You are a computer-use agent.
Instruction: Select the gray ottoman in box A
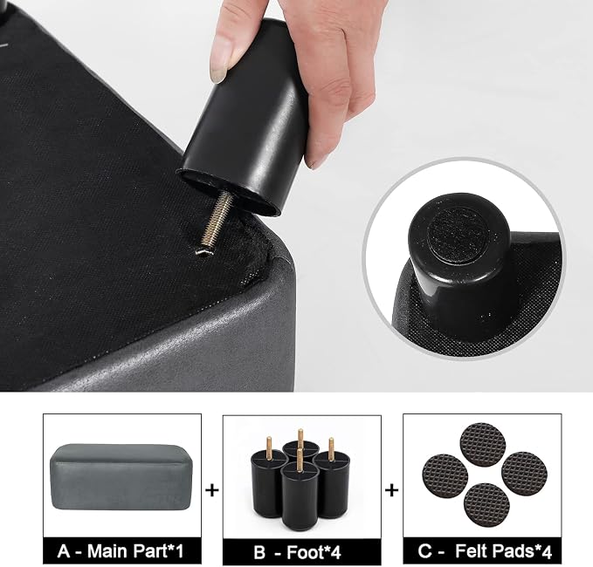(x=121, y=477)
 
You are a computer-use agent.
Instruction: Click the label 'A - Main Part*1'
(x=121, y=551)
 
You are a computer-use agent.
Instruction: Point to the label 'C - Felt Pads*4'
(x=485, y=551)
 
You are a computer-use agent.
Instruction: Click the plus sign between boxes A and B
(x=212, y=490)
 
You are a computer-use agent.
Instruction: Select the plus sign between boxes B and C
(x=392, y=490)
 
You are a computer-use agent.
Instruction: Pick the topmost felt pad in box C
(x=483, y=444)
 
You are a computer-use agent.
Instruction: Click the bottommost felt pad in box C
(x=486, y=505)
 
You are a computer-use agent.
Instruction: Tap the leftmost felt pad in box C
(x=445, y=477)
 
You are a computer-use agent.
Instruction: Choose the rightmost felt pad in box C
(x=525, y=474)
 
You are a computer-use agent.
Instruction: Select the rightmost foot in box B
(x=331, y=479)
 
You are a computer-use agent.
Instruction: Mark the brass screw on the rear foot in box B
(x=300, y=435)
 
